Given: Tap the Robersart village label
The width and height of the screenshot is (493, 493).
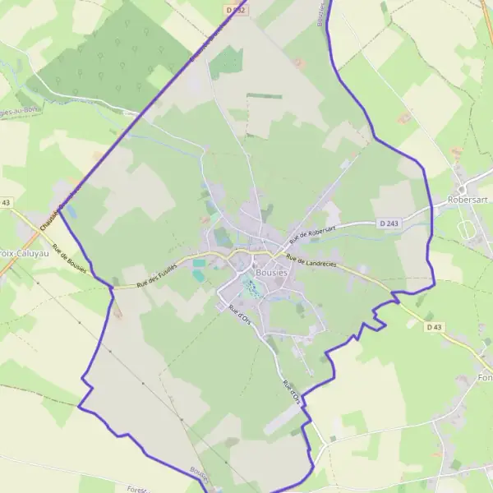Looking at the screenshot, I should point(469,199).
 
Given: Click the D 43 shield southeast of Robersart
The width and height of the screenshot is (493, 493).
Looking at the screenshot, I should point(434,327).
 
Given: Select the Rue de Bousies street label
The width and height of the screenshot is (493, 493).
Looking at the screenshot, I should point(70,260).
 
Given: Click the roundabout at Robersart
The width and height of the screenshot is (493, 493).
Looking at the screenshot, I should point(463,179).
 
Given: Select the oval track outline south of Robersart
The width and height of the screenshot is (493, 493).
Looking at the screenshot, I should point(467,229).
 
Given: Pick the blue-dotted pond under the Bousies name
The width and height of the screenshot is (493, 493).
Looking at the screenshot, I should point(251,288).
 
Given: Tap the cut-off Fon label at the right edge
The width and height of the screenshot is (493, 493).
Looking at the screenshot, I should point(484,377).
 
